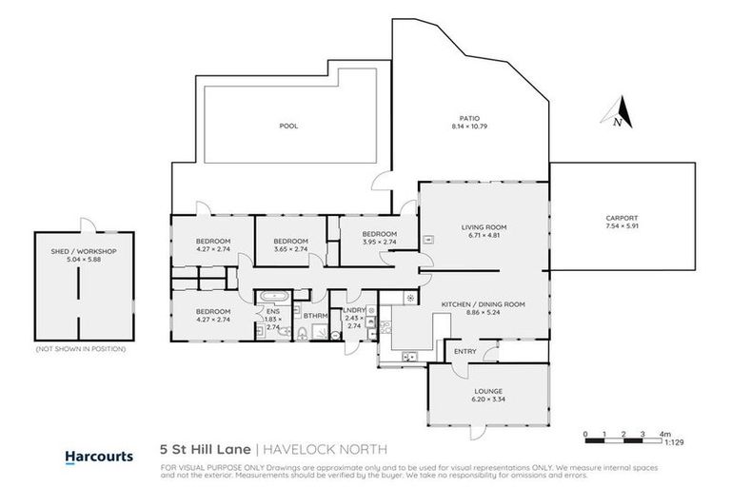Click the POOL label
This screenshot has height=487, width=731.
tap(288, 126)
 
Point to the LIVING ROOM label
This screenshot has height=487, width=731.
tap(484, 228)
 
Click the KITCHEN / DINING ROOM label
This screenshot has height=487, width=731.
tap(484, 305)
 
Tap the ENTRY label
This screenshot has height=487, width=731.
tap(465, 352)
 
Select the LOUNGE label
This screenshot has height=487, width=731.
tap(488, 391)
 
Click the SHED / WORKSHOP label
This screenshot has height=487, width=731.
tap(84, 251)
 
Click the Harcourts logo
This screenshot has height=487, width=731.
tap(99, 456)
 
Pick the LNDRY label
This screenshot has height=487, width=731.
tap(354, 309)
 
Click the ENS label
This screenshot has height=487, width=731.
tap(273, 310)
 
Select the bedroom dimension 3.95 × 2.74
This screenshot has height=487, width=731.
tap(379, 243)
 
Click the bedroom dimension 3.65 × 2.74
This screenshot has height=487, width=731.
tap(286, 249)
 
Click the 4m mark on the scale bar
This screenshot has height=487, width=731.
tap(665, 433)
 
